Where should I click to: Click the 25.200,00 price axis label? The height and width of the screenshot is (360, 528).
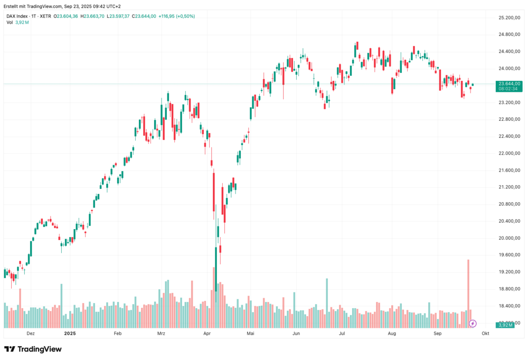(510, 17)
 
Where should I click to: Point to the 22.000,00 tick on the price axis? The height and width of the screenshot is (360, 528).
(510, 153)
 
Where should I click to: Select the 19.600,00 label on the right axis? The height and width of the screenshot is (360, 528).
(510, 255)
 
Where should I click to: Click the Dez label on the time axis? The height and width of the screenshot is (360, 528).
(31, 334)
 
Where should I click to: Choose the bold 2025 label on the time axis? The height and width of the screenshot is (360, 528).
(70, 334)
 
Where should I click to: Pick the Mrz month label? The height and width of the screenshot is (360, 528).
(162, 334)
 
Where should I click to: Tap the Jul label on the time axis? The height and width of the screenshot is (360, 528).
(342, 334)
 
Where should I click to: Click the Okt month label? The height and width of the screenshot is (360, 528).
(485, 334)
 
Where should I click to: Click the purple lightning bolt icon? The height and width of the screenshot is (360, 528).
(473, 323)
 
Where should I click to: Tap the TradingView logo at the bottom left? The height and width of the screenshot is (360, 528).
(33, 349)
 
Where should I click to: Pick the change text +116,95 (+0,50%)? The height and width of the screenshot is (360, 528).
(176, 16)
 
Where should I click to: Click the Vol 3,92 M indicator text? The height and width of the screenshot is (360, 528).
(17, 23)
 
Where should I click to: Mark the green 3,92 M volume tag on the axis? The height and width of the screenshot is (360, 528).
(506, 325)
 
